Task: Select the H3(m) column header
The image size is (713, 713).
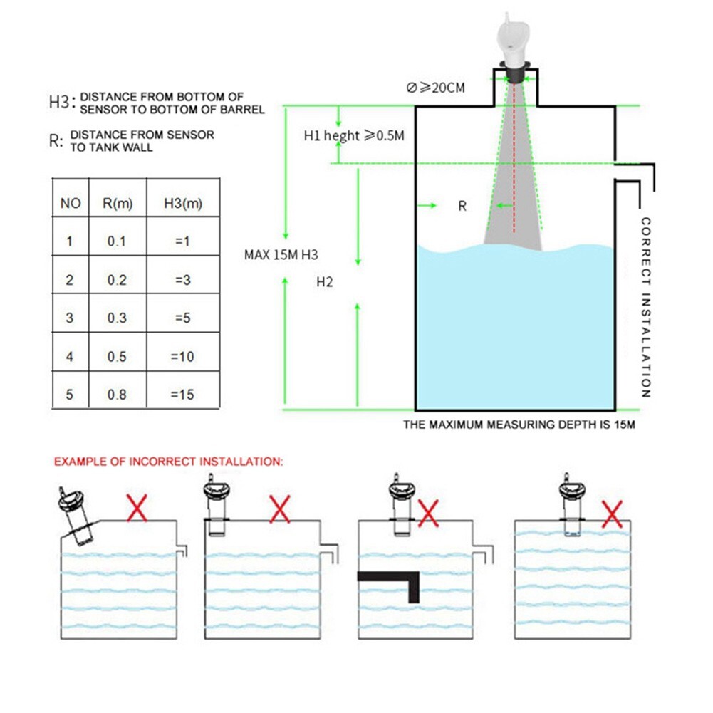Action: [183, 204]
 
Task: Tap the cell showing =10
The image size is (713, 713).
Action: [182, 356]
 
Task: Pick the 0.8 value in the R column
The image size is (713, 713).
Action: [117, 395]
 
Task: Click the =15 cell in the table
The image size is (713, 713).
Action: [182, 395]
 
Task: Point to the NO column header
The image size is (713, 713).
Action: [71, 204]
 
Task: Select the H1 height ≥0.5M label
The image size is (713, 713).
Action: [354, 135]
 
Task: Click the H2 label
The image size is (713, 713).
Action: [325, 281]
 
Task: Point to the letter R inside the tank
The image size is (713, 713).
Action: [462, 206]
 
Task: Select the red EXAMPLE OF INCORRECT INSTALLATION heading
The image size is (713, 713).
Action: [169, 462]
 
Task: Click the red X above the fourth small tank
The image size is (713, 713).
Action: [613, 513]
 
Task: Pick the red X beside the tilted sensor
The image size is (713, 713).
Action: [137, 509]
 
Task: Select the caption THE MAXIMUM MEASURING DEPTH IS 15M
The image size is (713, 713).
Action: [519, 425]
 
